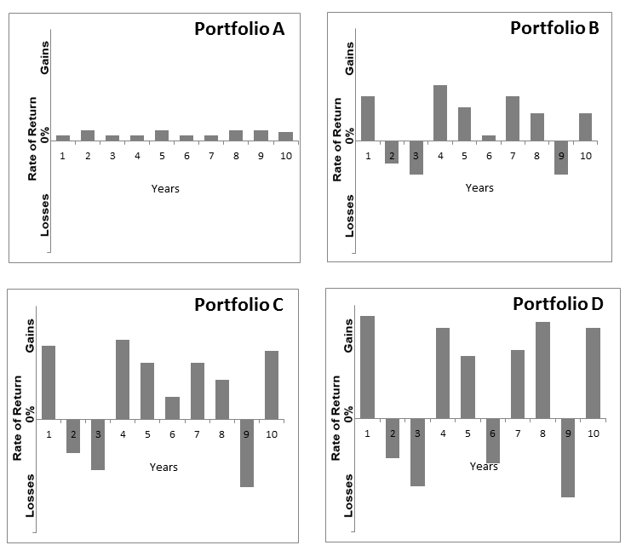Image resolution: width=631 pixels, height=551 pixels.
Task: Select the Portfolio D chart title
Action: (x=555, y=304)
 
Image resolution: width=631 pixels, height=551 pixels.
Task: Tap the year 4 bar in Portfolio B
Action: (x=440, y=112)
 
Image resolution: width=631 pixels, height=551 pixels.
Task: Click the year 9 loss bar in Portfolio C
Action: (x=247, y=452)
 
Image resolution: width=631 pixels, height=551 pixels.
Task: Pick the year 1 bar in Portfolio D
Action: (x=367, y=367)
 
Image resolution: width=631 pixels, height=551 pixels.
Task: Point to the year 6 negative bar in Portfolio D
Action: (x=492, y=440)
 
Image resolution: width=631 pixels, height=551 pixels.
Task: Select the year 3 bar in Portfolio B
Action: (x=416, y=158)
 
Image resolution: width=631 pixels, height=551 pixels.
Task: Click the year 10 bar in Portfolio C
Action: (x=272, y=385)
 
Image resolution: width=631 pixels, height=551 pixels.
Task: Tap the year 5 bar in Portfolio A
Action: (x=162, y=135)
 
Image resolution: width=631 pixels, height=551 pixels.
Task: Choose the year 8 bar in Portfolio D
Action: (x=542, y=370)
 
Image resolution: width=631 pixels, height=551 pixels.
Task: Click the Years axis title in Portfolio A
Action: (x=165, y=188)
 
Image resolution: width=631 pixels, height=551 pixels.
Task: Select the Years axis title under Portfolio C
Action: (x=163, y=467)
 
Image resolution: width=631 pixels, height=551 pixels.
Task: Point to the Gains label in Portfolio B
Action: (x=349, y=57)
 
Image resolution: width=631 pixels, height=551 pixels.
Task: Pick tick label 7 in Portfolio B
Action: (x=513, y=156)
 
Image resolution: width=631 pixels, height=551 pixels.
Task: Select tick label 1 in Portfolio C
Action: (x=49, y=434)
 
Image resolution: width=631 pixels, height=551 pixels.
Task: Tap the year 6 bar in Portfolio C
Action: (x=173, y=408)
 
